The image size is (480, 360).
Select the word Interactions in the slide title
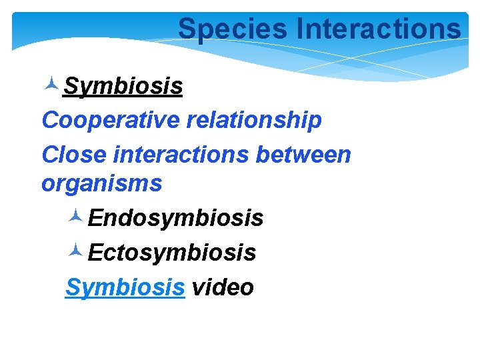coord(378,29)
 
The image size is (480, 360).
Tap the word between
coord(303,155)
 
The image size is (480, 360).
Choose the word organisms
coord(101,183)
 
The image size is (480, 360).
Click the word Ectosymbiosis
coord(172,253)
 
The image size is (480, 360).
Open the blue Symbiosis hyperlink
coord(125,287)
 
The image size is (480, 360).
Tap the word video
coord(223,287)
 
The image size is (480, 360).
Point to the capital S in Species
coord(186,29)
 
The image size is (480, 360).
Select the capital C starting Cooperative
coord(49,121)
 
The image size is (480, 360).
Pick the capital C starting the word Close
coord(49,155)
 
